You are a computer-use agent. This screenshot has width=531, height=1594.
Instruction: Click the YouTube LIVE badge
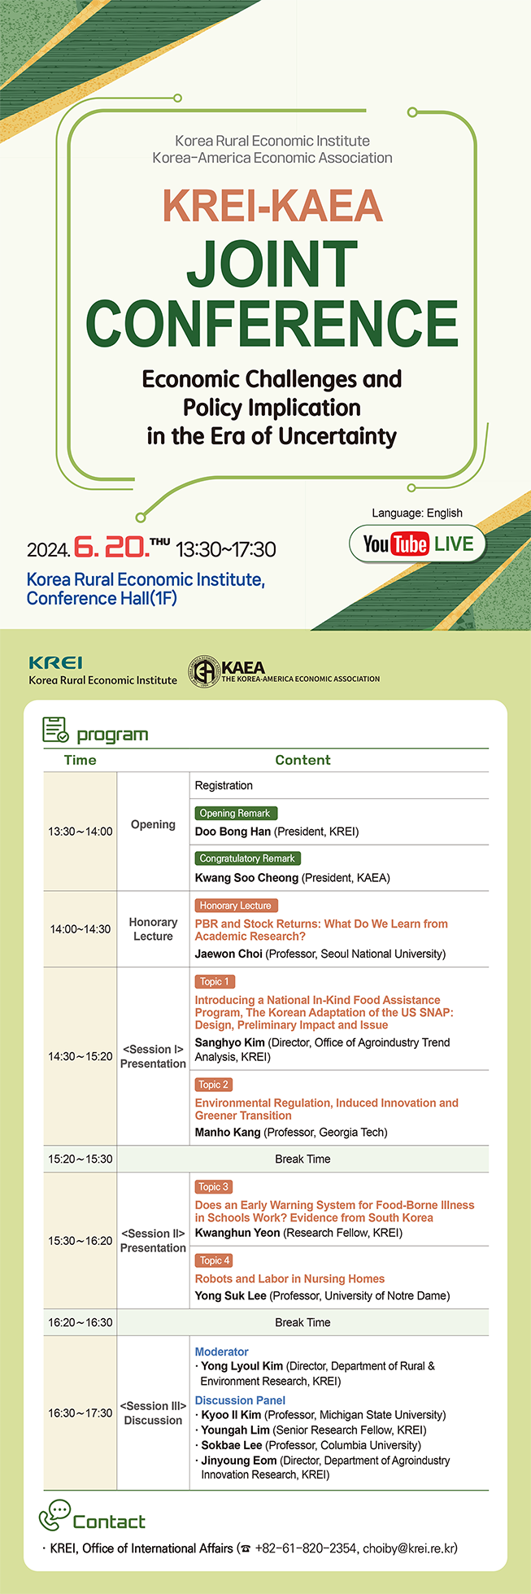[417, 544]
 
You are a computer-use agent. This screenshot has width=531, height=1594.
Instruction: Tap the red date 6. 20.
[111, 547]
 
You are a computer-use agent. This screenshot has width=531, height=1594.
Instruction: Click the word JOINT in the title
[272, 263]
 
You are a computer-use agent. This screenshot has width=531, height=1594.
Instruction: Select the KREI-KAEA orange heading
[272, 206]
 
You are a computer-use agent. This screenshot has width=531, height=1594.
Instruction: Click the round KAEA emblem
[204, 671]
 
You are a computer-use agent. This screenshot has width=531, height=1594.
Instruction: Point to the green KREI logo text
[55, 663]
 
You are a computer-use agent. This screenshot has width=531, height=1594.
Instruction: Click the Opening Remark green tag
[236, 813]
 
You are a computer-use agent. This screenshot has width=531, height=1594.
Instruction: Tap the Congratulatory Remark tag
[248, 858]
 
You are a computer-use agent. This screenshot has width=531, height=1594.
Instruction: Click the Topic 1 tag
[215, 982]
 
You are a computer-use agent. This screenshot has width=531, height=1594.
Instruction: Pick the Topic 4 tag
[215, 1260]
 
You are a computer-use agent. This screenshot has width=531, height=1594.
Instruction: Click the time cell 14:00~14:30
[81, 929]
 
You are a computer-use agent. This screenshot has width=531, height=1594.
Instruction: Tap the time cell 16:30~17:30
[81, 1413]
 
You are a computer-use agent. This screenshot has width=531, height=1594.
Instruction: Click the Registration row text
[224, 786]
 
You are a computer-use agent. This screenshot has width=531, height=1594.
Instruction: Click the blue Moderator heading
[222, 1352]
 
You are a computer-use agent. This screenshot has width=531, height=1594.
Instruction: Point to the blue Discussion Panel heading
[240, 1400]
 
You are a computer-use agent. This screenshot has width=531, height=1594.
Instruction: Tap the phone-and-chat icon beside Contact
[55, 1515]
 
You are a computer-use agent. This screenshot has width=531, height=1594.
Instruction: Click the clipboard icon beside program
[55, 730]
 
